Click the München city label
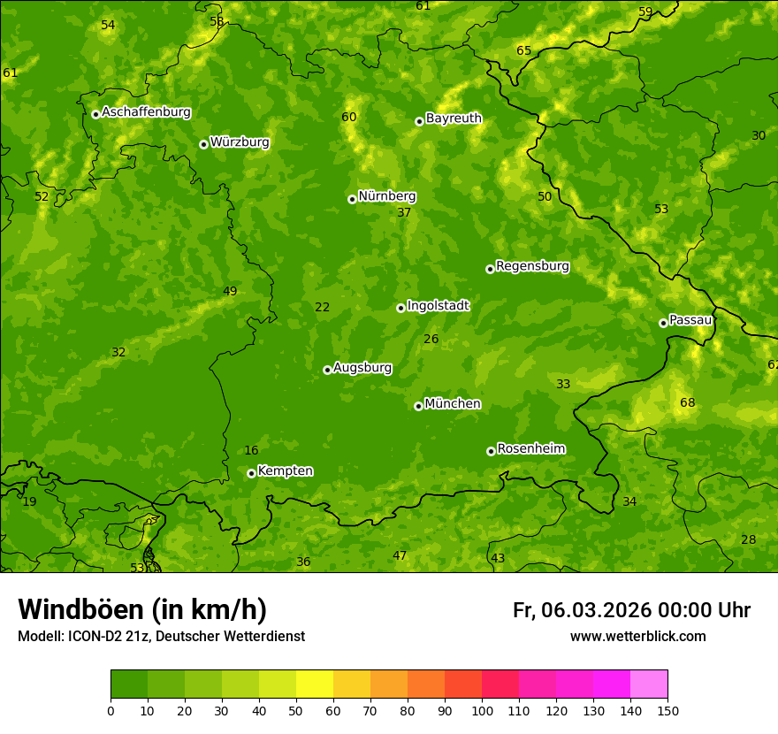[453, 404]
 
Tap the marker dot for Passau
[663, 323]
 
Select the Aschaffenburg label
[146, 112]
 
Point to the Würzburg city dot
[203, 144]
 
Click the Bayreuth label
[454, 119]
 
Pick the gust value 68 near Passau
[687, 403]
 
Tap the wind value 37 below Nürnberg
[404, 213]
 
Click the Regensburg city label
[532, 266]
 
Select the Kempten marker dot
[251, 473]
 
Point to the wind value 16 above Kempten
[251, 451]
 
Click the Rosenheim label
[530, 449]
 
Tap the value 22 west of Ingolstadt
[322, 308]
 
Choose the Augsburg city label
[362, 368]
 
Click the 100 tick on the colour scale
[482, 710]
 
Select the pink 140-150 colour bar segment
[649, 684]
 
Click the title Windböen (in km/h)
[142, 609]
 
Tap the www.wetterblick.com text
[637, 637]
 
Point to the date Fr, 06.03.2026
[582, 610]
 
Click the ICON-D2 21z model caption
[161, 637]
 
